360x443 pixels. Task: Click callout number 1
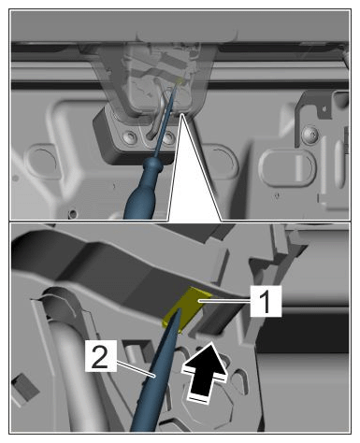tap(266, 301)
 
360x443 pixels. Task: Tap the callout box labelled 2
tap(101, 356)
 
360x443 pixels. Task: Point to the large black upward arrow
tap(206, 371)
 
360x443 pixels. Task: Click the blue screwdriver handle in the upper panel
tap(143, 190)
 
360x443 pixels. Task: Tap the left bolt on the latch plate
tap(129, 136)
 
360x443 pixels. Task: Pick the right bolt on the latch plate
tap(168, 136)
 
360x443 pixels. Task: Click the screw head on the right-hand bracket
tap(310, 134)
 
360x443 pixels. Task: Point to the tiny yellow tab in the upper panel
tap(180, 80)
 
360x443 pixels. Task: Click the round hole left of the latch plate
tap(42, 161)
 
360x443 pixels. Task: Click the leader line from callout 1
tap(224, 301)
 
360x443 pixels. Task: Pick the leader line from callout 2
tap(136, 369)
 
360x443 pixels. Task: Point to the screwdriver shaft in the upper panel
tap(165, 121)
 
